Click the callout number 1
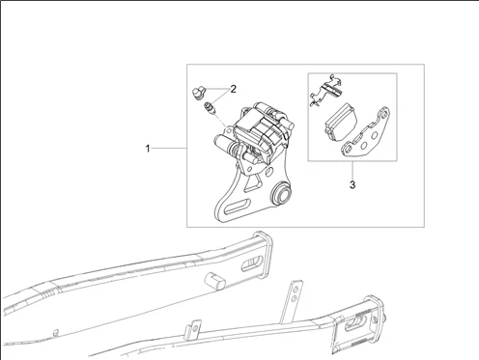tap(148, 149)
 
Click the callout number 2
tap(233, 89)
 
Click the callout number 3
tap(352, 184)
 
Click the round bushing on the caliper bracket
tap(281, 194)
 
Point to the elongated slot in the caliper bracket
tap(238, 206)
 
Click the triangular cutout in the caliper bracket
tap(253, 184)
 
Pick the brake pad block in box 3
tap(341, 122)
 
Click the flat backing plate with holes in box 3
tap(366, 133)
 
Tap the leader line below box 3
tap(352, 170)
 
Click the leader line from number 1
tap(169, 148)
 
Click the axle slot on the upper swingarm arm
tap(253, 263)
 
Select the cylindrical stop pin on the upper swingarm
tap(215, 280)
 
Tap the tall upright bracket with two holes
tap(292, 302)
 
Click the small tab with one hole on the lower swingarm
tap(192, 329)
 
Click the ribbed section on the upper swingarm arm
tap(47, 293)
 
